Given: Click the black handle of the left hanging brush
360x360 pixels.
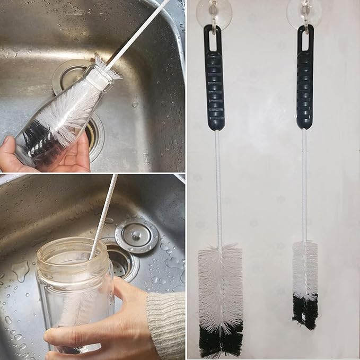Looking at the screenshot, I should [x=215, y=85].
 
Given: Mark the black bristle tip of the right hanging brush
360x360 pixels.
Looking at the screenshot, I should [x=305, y=310].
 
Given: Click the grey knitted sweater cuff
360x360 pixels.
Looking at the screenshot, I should [x=165, y=323].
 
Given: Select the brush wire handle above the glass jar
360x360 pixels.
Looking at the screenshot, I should [x=104, y=212].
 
